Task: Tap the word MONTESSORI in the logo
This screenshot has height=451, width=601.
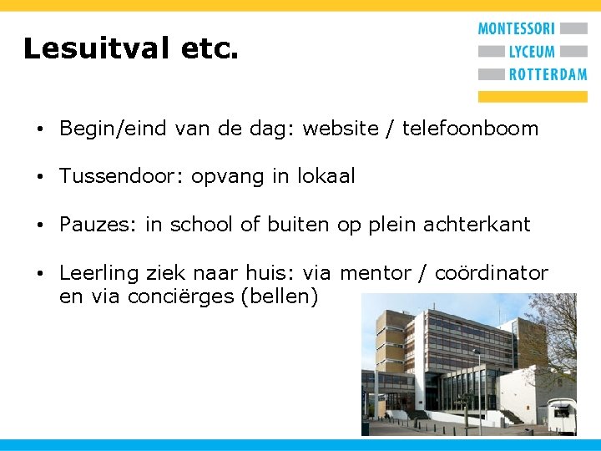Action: pos(516,29)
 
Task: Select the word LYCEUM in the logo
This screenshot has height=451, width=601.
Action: pos(532,52)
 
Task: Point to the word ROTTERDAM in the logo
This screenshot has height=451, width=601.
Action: pos(548,74)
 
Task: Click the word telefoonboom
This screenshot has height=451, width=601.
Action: pos(470,129)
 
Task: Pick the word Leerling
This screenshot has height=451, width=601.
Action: pos(101,273)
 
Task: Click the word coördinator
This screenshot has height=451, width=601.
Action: pos(492,273)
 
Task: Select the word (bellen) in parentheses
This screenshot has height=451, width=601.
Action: pos(279,297)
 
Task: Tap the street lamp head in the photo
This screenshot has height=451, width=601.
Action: pos(477,352)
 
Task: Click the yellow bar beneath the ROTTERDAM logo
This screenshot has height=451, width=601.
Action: pos(532,96)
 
